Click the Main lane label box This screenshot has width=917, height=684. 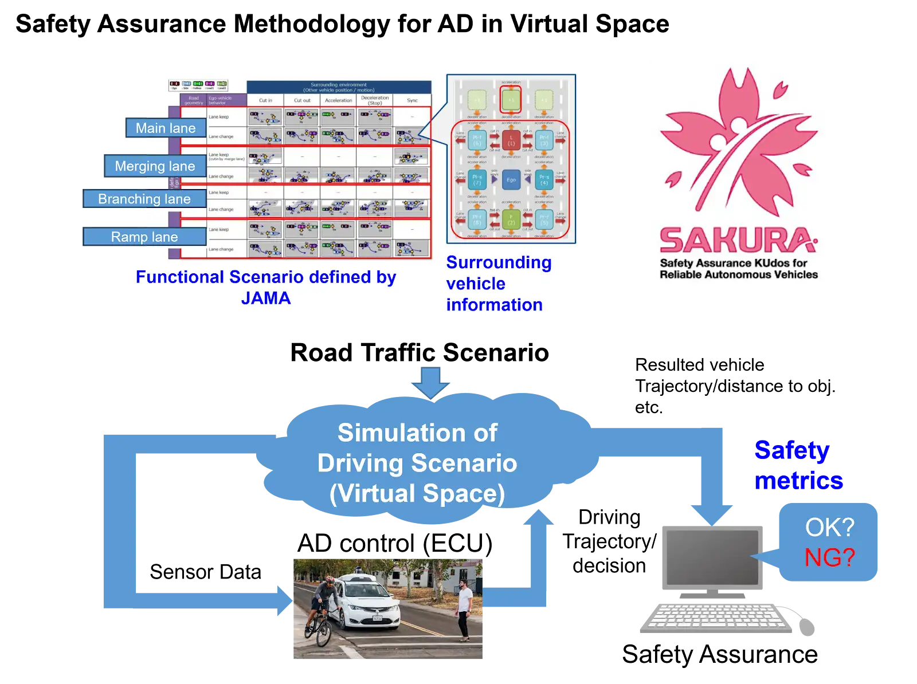pos(166,128)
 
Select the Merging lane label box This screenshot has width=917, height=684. pos(155,166)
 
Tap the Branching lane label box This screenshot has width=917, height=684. pos(144,199)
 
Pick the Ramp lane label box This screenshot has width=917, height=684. pos(144,237)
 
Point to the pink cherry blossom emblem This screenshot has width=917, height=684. pos(739,143)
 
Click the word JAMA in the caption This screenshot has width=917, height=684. pos(266,298)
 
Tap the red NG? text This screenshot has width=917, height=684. pos(829,557)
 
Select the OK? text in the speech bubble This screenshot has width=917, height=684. pos(829,527)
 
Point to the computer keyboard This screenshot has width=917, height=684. pos(716,619)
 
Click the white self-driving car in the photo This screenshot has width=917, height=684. pos(367,602)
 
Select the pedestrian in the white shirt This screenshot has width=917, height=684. pos(464,607)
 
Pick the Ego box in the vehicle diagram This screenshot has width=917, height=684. pos(511,179)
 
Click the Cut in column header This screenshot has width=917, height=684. pos(265,100)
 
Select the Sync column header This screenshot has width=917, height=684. pos(412,100)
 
